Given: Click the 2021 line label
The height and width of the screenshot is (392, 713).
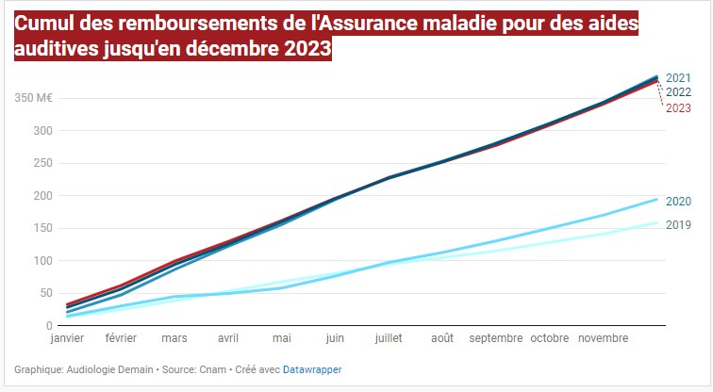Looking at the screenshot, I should [x=678, y=78].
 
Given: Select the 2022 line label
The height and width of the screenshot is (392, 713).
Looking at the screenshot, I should [x=678, y=92].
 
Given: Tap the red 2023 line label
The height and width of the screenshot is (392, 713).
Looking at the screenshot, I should [x=678, y=107].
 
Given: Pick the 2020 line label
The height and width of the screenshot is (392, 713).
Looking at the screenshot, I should [x=678, y=201].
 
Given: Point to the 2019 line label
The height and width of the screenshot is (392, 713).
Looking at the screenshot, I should [x=678, y=224].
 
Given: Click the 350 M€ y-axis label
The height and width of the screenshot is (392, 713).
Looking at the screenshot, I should [x=32, y=98].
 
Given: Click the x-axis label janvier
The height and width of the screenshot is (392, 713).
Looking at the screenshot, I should [x=67, y=337].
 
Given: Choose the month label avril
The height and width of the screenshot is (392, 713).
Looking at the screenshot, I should [x=228, y=337].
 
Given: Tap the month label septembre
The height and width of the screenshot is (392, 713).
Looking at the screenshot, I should [x=495, y=337].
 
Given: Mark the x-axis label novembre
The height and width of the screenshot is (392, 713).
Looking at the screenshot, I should [x=602, y=337].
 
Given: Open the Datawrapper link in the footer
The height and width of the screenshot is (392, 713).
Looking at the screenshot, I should [x=312, y=370].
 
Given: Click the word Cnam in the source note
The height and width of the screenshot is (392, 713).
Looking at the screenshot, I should [x=207, y=370].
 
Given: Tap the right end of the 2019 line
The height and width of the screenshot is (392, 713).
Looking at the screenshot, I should [x=657, y=223].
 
